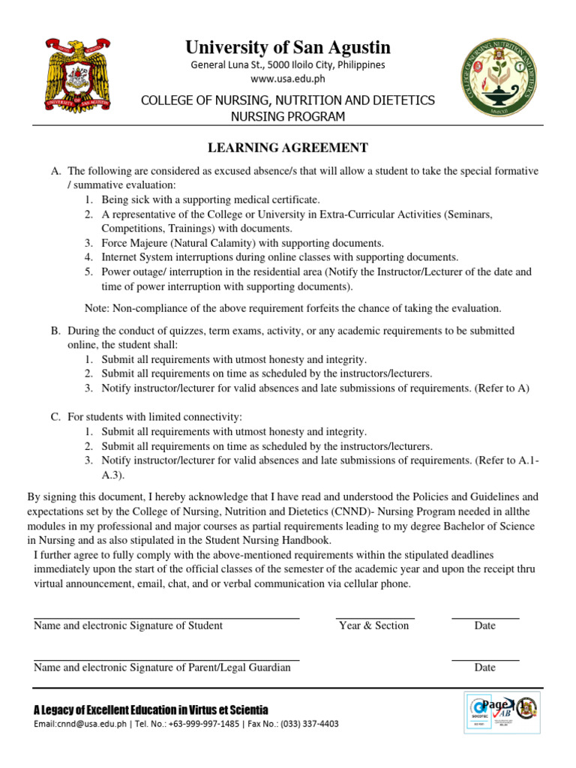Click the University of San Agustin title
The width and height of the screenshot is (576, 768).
288,48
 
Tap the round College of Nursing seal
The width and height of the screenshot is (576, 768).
498,78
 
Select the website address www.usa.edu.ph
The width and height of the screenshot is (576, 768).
288,79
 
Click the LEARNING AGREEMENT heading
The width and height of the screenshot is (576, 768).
288,148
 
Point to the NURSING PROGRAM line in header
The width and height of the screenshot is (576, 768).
288,116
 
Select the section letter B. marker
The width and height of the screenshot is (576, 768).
55,330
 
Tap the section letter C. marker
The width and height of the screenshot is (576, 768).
55,417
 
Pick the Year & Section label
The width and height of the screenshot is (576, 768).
373,625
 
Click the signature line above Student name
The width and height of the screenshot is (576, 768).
166,618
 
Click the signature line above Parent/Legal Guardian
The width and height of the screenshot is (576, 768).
166,660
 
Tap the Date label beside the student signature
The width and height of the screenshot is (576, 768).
484,625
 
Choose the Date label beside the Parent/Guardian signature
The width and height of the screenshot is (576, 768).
484,667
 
